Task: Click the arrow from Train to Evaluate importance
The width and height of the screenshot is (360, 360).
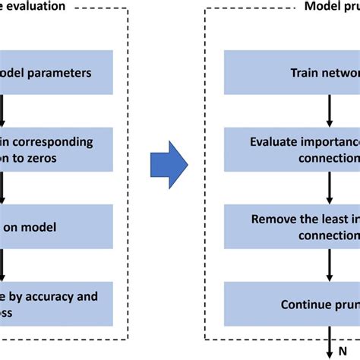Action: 328,110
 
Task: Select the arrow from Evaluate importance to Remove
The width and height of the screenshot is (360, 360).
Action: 328,187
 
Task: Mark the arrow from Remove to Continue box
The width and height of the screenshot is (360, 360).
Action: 328,264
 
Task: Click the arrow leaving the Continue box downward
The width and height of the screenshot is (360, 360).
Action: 328,342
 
